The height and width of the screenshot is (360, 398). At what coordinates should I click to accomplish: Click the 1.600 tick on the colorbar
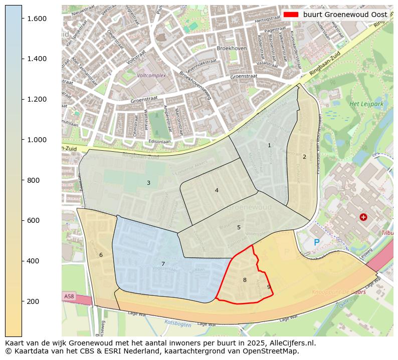point(22,19)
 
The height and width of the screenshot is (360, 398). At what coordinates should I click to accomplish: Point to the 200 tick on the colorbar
point(22,301)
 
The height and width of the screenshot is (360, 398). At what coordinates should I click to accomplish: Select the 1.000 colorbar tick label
point(37,140)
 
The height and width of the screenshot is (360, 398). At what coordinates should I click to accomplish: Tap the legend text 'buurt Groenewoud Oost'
point(345,15)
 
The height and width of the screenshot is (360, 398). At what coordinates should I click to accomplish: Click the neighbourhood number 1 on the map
point(269,146)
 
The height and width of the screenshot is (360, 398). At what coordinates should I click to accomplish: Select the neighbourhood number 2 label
point(304,157)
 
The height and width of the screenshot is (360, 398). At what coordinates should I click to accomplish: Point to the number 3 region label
point(148,183)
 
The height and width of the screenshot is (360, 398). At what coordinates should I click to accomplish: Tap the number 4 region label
point(217,190)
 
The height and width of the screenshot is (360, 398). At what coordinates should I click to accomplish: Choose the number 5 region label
point(239,227)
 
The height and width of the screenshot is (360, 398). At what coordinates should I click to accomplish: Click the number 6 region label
point(101,255)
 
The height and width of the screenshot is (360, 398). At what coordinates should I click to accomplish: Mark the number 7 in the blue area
point(163,264)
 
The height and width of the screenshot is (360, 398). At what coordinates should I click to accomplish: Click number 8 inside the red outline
point(245,280)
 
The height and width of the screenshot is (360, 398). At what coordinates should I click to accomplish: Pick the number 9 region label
point(269,287)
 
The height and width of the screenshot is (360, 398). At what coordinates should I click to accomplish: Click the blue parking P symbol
point(316,243)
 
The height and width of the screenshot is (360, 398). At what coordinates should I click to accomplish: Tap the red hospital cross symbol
point(363,217)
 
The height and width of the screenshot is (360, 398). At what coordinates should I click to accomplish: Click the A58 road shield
point(69,296)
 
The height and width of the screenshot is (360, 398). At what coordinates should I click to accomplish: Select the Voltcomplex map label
point(151,76)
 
